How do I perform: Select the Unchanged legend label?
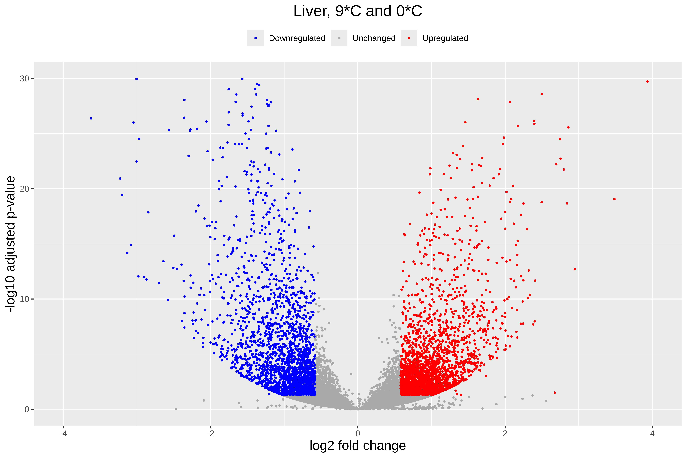(x=374, y=38)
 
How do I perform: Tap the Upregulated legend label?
(x=445, y=38)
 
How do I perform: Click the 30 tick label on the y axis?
(x=25, y=79)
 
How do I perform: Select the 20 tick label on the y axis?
(x=25, y=189)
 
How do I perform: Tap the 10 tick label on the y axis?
(x=25, y=299)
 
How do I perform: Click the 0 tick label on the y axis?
(x=27, y=409)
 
